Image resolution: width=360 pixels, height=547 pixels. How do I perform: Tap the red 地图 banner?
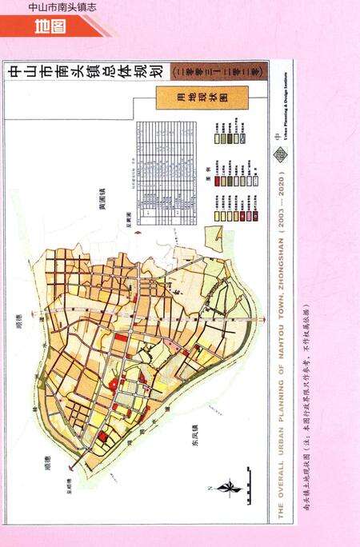point(50,27)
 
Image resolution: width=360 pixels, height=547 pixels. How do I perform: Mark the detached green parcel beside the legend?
point(214,238)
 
